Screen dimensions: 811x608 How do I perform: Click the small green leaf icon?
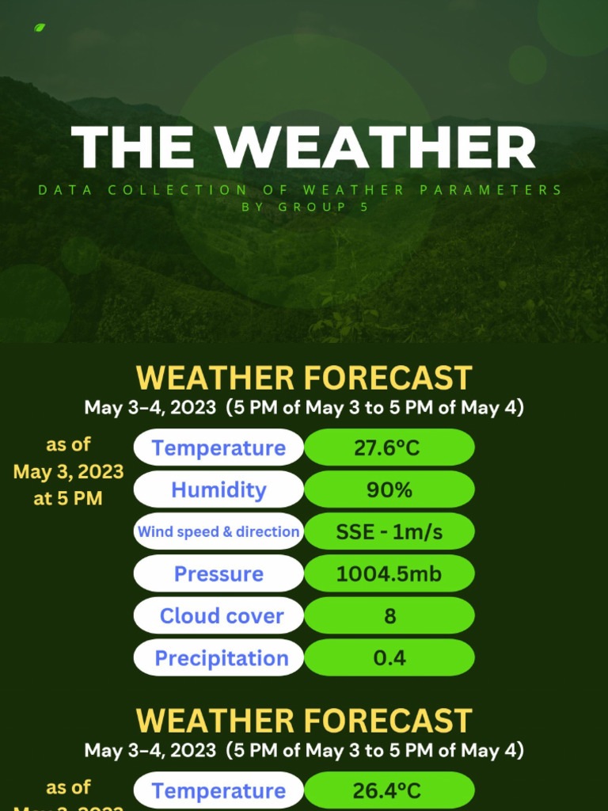[x=40, y=28]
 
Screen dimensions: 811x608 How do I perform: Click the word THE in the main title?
[x=133, y=148]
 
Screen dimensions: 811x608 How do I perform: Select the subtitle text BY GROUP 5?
[x=305, y=207]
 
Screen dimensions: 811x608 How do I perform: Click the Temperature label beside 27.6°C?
[x=218, y=447]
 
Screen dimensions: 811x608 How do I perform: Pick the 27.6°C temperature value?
[x=389, y=447]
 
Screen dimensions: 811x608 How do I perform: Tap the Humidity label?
[x=218, y=489]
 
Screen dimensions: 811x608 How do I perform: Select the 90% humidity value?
[x=389, y=489]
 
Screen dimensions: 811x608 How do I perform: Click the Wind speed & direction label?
[x=218, y=531]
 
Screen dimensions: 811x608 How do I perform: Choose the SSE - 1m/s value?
[x=389, y=532]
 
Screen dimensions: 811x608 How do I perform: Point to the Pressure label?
[x=218, y=573]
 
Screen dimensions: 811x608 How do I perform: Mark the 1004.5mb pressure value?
[x=389, y=573]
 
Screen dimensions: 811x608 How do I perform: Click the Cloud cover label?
[x=221, y=615]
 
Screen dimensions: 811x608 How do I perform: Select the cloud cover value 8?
[x=389, y=616]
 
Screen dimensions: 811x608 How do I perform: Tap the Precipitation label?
[x=221, y=658]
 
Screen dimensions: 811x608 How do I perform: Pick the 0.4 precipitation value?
[x=389, y=658]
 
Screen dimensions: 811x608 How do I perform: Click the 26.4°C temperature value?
[x=389, y=790]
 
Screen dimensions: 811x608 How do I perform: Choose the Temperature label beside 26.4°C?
[x=218, y=790]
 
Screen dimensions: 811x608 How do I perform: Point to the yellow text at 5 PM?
[x=69, y=499]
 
